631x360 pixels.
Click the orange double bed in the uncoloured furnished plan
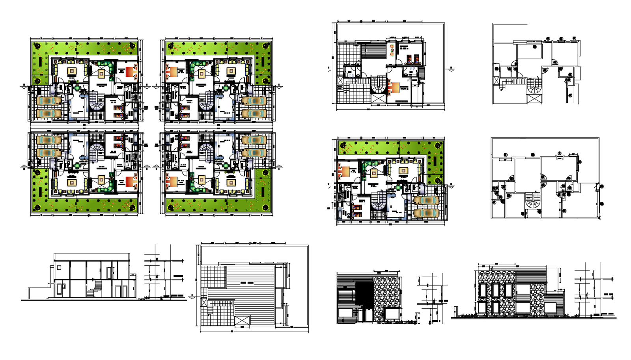point(393,88)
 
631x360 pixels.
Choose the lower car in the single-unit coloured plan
point(426,213)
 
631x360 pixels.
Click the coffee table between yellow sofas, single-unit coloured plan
point(403,171)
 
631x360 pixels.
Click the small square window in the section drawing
point(59,268)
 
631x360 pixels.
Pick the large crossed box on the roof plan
point(242,320)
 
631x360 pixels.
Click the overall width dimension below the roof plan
point(232,331)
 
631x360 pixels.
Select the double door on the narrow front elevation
point(364,315)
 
